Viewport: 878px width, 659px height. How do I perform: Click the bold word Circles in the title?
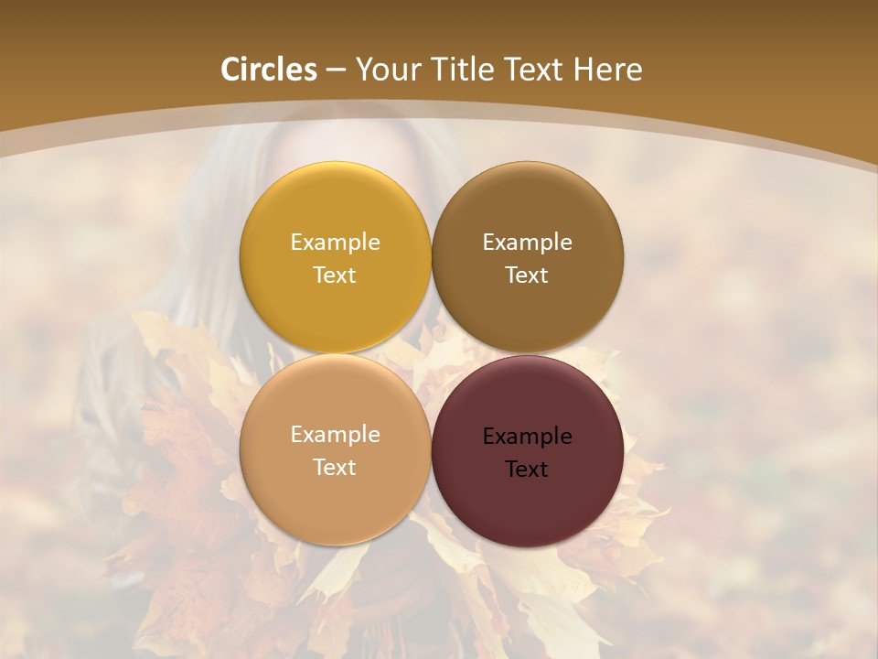(269, 70)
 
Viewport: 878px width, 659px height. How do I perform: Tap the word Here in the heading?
(607, 70)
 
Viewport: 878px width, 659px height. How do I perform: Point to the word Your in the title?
(386, 70)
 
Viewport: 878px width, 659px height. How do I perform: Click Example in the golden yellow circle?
(335, 242)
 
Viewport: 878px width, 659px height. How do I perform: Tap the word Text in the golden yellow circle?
(335, 275)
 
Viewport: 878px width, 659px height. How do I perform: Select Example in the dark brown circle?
(527, 242)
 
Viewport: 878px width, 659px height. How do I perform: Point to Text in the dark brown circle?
(527, 275)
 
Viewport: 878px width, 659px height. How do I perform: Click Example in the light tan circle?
(335, 434)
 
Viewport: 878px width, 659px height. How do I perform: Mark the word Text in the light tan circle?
(335, 467)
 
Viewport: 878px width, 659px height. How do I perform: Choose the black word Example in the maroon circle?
(527, 436)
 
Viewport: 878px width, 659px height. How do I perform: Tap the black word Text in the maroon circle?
(527, 469)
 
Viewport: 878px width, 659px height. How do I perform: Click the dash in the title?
(335, 70)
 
